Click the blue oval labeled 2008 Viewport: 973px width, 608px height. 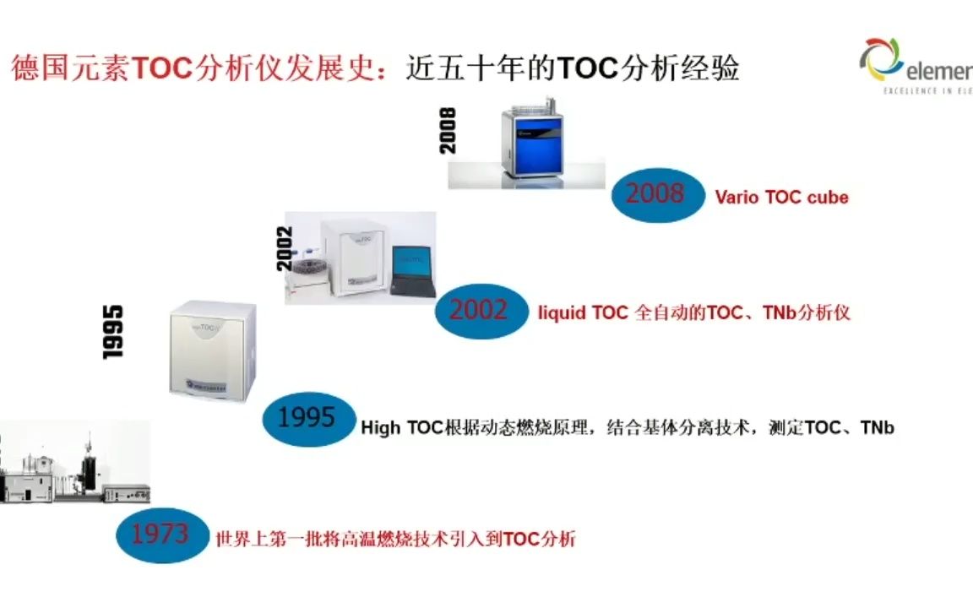tap(656, 194)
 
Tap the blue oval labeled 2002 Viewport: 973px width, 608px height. tap(479, 311)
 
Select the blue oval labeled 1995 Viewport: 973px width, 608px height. tap(307, 418)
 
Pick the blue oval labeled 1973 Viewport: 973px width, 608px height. tap(160, 534)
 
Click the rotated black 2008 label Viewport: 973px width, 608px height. tap(448, 130)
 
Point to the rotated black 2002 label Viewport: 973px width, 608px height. tap(285, 247)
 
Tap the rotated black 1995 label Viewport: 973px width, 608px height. tap(113, 332)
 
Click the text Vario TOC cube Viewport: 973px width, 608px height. tap(781, 198)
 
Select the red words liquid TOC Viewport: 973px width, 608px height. tap(583, 312)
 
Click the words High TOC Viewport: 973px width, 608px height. tap(402, 428)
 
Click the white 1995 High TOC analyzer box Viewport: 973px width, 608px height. tap(213, 350)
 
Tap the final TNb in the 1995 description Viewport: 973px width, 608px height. tap(877, 428)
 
